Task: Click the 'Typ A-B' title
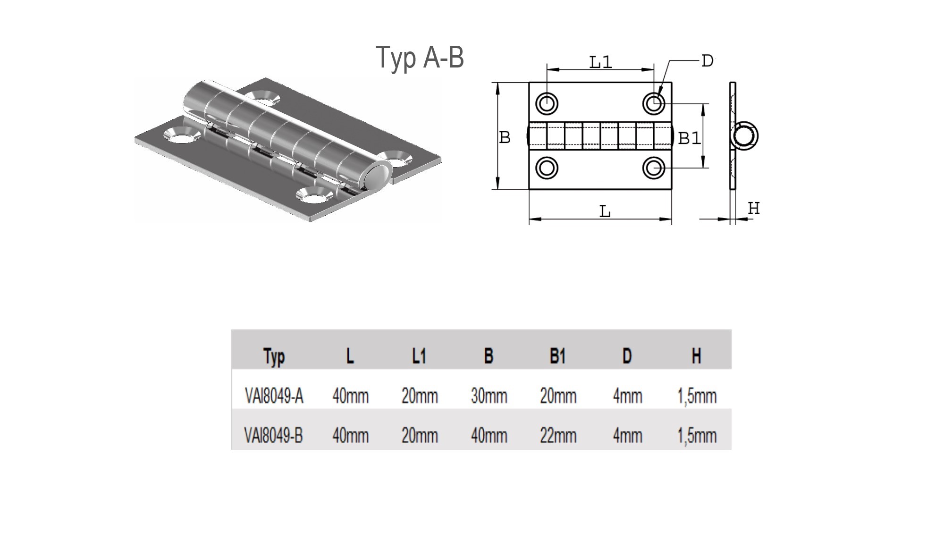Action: point(420,58)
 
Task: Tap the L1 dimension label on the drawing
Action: point(600,62)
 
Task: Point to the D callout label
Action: point(707,61)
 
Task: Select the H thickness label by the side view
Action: point(754,208)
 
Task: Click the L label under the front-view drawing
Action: point(605,212)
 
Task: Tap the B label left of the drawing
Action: point(505,137)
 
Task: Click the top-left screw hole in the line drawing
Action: point(547,103)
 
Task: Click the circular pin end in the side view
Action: point(745,136)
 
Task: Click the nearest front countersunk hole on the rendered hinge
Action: point(311,194)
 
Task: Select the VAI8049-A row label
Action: point(274,396)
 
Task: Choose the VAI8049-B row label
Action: point(273,435)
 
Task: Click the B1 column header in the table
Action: point(557,356)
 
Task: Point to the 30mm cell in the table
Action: point(489,396)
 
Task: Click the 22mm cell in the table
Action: point(558,435)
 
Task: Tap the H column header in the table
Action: point(696,356)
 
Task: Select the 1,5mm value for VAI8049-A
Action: point(697,396)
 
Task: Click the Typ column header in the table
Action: point(274,357)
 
